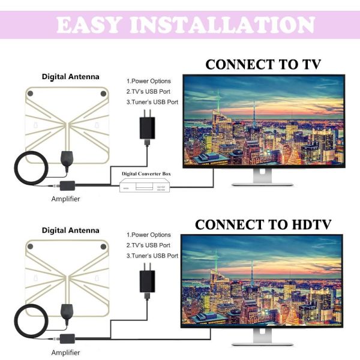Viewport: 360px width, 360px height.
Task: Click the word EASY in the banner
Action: coord(89,26)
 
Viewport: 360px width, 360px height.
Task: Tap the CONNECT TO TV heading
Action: coord(263,64)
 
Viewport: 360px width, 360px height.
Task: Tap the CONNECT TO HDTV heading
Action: coord(263,224)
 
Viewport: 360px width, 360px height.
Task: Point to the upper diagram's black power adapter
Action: coord(146,128)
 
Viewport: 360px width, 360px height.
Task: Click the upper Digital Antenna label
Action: coord(71,77)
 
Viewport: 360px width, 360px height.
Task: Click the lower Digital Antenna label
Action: coord(71,230)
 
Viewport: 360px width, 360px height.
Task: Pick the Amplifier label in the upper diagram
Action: coord(66,199)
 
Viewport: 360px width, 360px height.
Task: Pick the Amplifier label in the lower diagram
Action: coord(66,352)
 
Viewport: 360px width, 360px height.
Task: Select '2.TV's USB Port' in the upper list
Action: coord(148,92)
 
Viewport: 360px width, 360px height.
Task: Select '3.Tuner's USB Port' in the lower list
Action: coord(152,256)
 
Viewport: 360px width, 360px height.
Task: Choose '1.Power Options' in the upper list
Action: coord(148,81)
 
